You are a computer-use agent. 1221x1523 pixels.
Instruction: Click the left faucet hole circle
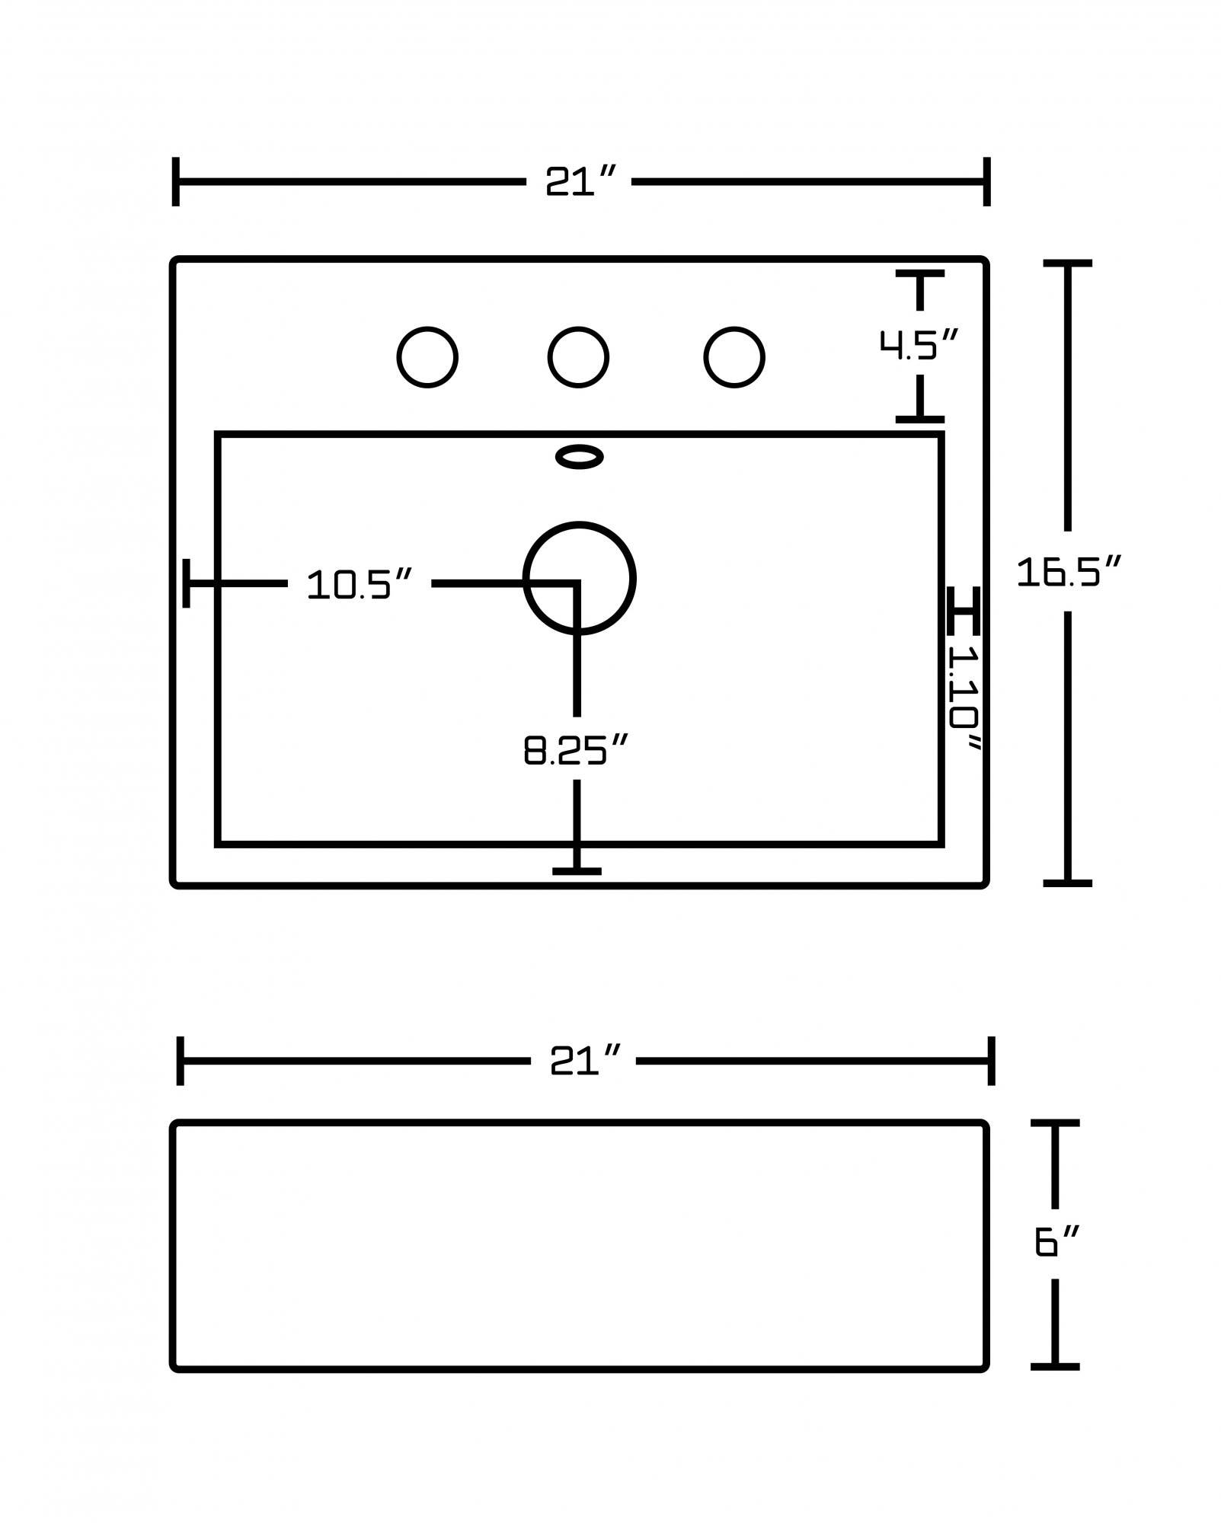click(x=427, y=357)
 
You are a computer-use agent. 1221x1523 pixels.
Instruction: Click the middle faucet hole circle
click(x=578, y=357)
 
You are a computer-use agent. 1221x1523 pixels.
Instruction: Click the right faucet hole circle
click(x=734, y=357)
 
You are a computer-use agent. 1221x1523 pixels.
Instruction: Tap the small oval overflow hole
click(x=580, y=457)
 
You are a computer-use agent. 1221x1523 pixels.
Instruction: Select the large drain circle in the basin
click(x=580, y=578)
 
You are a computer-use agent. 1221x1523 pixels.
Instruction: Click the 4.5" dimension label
click(x=919, y=344)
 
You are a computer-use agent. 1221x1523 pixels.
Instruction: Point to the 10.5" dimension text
click(x=360, y=585)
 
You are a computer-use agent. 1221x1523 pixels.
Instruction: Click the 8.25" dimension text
click(x=576, y=750)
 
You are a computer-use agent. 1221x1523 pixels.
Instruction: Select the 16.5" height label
click(x=1069, y=572)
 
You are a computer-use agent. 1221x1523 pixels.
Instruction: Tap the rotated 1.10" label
click(x=964, y=697)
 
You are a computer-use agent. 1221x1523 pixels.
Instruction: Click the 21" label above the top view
click(x=579, y=182)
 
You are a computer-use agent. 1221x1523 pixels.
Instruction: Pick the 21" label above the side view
click(x=584, y=1060)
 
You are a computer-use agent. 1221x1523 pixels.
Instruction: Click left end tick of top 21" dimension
click(x=176, y=182)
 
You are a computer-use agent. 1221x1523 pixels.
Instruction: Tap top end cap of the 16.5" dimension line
click(x=1067, y=263)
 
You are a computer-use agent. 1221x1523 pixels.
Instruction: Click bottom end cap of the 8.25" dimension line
click(x=577, y=871)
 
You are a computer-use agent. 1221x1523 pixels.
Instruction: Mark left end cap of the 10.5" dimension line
click(x=187, y=583)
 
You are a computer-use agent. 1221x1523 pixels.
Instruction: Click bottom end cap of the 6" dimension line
click(x=1055, y=1366)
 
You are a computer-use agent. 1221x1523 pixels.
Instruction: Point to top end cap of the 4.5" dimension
click(x=920, y=273)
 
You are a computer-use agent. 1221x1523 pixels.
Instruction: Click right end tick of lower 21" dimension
click(x=991, y=1060)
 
